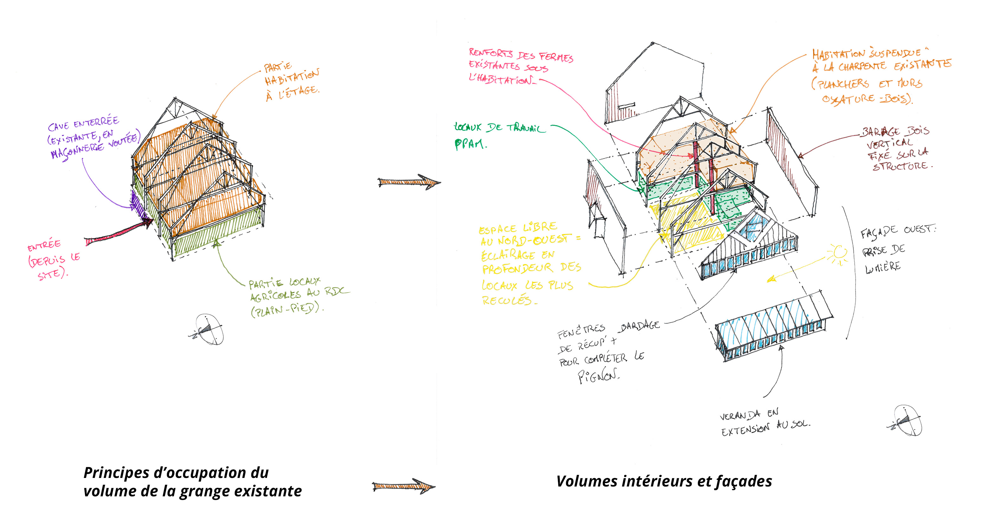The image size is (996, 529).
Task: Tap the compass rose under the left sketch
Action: (x=209, y=329)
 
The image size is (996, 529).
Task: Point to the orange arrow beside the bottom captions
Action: (x=403, y=486)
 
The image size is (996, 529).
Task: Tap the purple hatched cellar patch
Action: (x=138, y=205)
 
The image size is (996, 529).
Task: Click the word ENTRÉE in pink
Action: (x=44, y=245)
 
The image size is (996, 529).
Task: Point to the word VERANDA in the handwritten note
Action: (x=740, y=416)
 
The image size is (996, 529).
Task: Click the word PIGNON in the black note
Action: (x=598, y=376)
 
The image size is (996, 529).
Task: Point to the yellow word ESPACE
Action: (x=497, y=229)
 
